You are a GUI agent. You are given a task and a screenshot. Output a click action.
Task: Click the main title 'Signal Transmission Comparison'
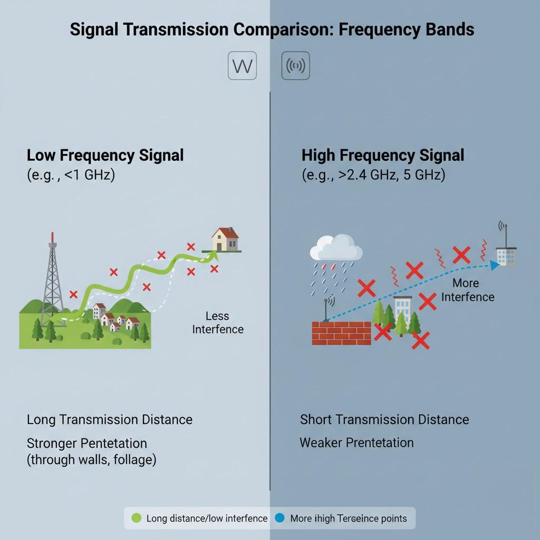coord(272,29)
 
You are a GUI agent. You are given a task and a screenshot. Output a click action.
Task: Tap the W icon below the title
coord(242,66)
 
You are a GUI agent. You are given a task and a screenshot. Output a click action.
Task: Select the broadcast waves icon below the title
coord(295,66)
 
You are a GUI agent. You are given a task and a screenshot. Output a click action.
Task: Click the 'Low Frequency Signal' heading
coord(105,155)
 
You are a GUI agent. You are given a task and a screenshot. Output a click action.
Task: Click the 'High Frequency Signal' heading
coord(383,155)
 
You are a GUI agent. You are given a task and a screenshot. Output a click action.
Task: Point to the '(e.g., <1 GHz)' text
coord(71,175)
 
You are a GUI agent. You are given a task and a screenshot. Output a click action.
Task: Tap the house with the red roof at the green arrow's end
coord(225,240)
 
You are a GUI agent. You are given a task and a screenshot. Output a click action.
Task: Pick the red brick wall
coord(341,333)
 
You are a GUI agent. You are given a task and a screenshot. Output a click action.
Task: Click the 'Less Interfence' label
coord(218,323)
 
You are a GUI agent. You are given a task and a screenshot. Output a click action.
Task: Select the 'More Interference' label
coord(467,290)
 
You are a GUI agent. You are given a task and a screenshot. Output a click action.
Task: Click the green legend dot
coord(137,518)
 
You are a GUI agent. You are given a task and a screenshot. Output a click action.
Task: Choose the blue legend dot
coord(279,518)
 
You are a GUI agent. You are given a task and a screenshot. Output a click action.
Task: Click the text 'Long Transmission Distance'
coord(110,420)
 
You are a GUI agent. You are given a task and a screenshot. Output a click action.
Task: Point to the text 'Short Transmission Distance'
coord(384,420)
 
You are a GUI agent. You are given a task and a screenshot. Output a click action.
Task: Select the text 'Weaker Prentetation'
coord(356,442)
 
